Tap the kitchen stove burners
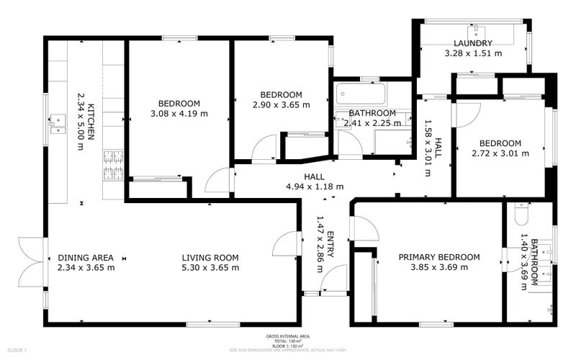pos(113,165)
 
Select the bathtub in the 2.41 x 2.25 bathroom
pos(361,94)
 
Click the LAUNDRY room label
pos(473,43)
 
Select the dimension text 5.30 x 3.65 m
pos(210,268)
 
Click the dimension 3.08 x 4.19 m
pos(179,113)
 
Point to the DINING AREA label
pos(86,257)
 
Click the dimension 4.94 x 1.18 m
pos(314,186)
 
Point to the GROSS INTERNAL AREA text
pos(287,336)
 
